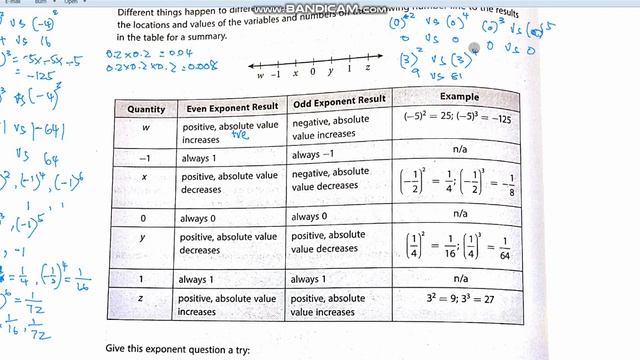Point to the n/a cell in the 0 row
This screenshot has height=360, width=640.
455,213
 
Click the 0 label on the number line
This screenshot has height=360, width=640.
313,72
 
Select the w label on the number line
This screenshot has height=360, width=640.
260,74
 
